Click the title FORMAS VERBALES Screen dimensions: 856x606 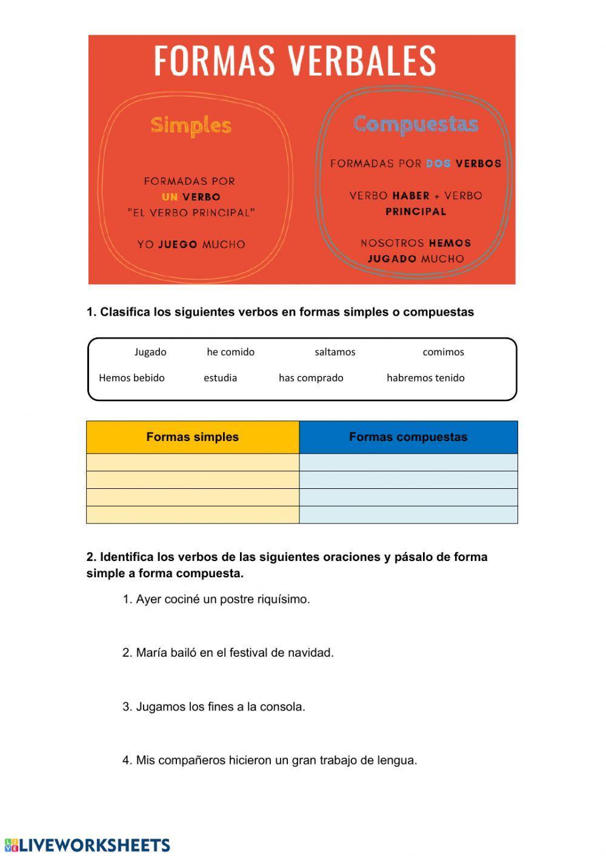point(295,60)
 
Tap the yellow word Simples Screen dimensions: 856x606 point(191,125)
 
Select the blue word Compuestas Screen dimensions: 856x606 point(416,124)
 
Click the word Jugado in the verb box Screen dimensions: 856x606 point(150,352)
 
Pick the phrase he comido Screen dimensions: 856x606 point(230,352)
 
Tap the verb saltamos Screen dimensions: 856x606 point(335,352)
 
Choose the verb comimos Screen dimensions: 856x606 point(443,352)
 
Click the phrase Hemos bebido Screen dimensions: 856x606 point(132,378)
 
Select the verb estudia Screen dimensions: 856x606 point(220,378)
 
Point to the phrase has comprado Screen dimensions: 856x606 point(311,378)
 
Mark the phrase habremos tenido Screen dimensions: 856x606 point(425,378)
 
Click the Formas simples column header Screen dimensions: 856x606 point(193,437)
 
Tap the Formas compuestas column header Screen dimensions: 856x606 point(408,437)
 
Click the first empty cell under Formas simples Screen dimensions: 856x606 point(193,462)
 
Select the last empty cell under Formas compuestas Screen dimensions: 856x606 point(408,514)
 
